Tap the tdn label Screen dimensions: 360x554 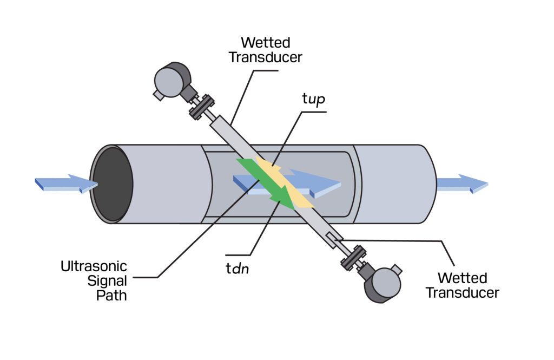pyautogui.click(x=237, y=268)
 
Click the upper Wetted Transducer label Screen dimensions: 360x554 pyautogui.click(x=266, y=50)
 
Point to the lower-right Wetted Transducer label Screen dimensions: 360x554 pyautogui.click(x=462, y=285)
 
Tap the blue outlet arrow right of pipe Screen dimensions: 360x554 pyautogui.click(x=462, y=184)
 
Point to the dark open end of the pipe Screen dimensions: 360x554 pyautogui.click(x=112, y=184)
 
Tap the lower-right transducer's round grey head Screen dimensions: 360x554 pyautogui.click(x=385, y=284)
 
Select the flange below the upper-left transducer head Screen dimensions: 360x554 pyautogui.click(x=200, y=107)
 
